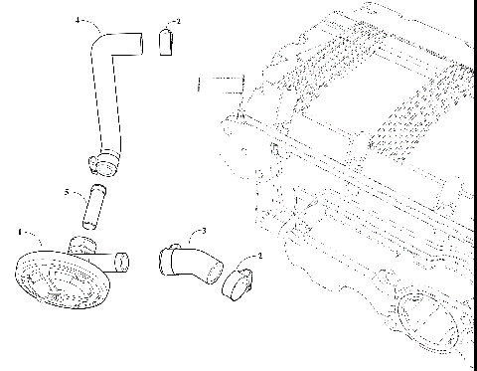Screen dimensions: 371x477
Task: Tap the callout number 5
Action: coord(67,193)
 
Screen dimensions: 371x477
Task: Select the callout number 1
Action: coord(21,232)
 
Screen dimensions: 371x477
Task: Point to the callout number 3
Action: coord(203,232)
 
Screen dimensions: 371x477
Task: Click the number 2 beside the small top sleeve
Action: coord(177,21)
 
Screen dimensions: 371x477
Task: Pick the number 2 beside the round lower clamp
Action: coord(259,256)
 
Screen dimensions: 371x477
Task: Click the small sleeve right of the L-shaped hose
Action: coord(167,43)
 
